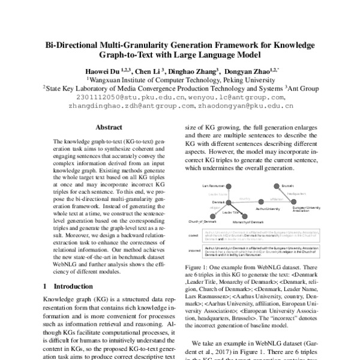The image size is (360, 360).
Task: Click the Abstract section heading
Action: tap(109, 127)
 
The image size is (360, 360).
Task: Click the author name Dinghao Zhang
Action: tap(196, 68)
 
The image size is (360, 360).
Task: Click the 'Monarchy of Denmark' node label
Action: tap(253, 222)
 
